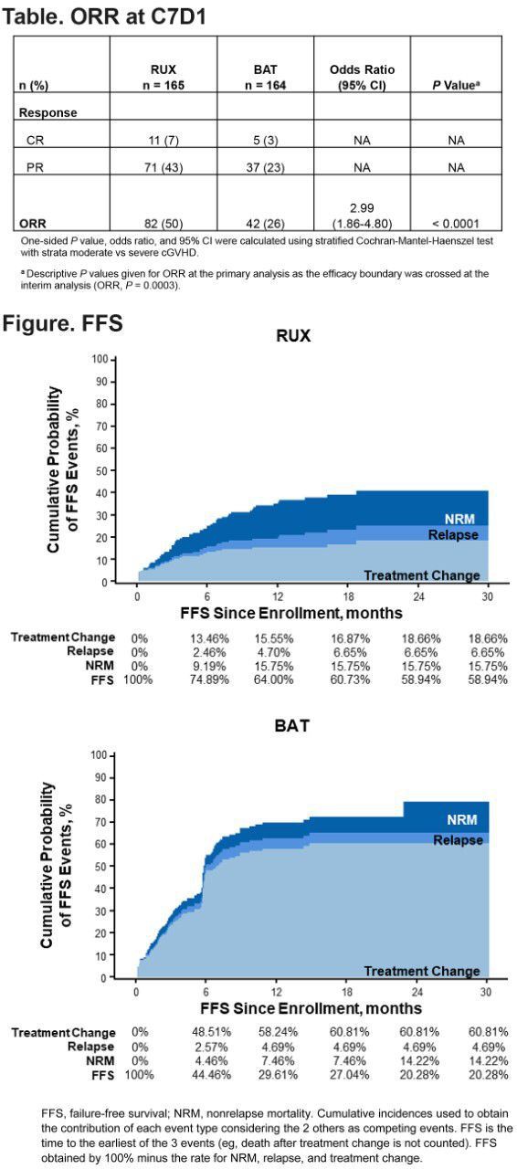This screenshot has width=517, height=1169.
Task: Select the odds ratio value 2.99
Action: (x=361, y=207)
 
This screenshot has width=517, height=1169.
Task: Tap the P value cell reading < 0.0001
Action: (x=455, y=223)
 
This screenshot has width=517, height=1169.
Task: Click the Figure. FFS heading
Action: (x=62, y=323)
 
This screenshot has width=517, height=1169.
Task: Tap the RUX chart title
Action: (x=293, y=336)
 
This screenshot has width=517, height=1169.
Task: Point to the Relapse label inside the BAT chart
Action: (x=458, y=839)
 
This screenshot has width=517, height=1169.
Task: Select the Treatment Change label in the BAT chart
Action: (x=422, y=971)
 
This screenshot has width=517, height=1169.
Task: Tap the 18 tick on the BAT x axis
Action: (x=346, y=991)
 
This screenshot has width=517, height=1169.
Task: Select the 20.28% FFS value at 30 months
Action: (x=487, y=1074)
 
